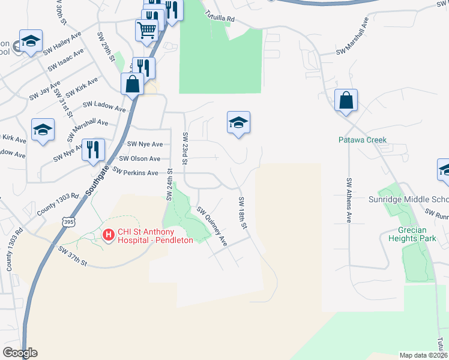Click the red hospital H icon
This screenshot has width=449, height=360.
point(109,234)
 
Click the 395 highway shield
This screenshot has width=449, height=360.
point(69,223)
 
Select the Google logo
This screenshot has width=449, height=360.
point(20,353)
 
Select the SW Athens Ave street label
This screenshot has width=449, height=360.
point(348,200)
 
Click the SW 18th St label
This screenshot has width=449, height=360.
point(243,212)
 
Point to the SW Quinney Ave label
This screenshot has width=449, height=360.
point(213,227)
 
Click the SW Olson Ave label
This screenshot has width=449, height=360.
point(140,158)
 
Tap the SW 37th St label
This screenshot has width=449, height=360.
point(73,256)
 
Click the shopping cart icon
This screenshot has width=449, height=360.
point(147,29)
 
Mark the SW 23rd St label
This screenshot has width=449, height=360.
point(185,148)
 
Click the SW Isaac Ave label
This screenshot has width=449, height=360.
point(65,59)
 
